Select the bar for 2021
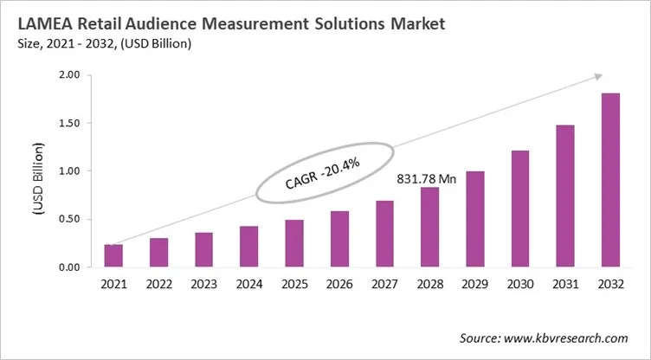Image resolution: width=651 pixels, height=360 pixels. click(x=113, y=255)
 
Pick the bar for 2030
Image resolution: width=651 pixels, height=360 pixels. click(x=520, y=209)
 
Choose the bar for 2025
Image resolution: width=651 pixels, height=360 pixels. click(x=294, y=243)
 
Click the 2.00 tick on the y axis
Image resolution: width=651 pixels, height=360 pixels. click(x=69, y=75)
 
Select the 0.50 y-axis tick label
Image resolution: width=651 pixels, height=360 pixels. click(x=69, y=219)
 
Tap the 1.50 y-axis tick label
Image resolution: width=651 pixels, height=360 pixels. click(x=69, y=123)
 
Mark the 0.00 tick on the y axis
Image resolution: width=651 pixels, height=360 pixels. click(x=69, y=267)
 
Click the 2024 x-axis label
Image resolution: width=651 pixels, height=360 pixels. click(x=249, y=283)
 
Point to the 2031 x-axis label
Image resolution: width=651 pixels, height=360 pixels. click(x=565, y=283)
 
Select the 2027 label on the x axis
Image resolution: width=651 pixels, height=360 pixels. click(x=384, y=283)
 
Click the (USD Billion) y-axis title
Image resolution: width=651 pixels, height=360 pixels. click(x=40, y=171)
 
